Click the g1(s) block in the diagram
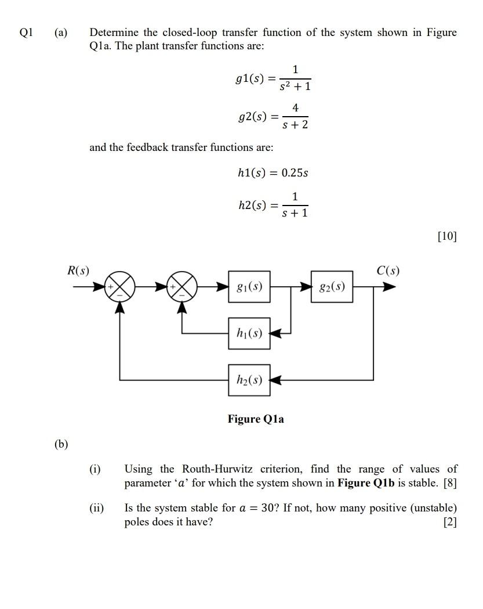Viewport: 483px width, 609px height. pos(249,286)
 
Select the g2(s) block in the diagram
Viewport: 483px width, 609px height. pos(332,286)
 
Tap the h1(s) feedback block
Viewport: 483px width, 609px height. pos(249,333)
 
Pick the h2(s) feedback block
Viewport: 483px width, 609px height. pos(249,380)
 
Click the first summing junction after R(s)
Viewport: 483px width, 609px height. pos(119,287)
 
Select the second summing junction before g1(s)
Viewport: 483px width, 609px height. pos(182,287)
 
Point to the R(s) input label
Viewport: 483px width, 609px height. pos(78,270)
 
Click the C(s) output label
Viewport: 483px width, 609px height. pos(387,270)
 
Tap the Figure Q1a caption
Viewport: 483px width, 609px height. pos(256,419)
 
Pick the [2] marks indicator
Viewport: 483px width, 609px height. pos(450,522)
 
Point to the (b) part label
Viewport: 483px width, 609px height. pos(61,445)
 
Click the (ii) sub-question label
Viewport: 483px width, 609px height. pos(96,508)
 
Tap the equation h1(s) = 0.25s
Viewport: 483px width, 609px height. pos(273,173)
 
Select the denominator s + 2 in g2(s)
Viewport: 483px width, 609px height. pos(295,124)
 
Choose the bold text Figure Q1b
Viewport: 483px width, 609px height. pos(366,483)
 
